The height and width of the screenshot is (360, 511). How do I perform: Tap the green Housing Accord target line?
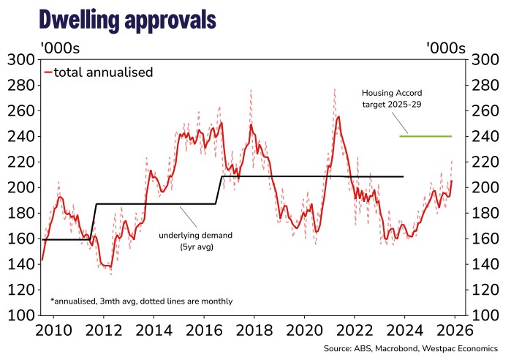click(x=425, y=136)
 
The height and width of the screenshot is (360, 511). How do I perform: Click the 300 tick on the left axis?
click(x=20, y=60)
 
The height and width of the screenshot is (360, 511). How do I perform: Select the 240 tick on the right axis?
click(x=487, y=136)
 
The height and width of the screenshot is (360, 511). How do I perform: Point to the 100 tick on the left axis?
click(x=20, y=315)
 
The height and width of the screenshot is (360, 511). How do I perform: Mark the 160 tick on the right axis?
click(x=487, y=239)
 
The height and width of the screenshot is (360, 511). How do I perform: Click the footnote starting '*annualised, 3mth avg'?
click(x=142, y=301)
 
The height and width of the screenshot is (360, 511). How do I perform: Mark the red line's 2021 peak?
click(x=338, y=117)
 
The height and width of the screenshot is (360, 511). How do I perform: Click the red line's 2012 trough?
click(x=107, y=266)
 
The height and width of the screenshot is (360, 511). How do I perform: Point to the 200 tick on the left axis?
click(x=20, y=187)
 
